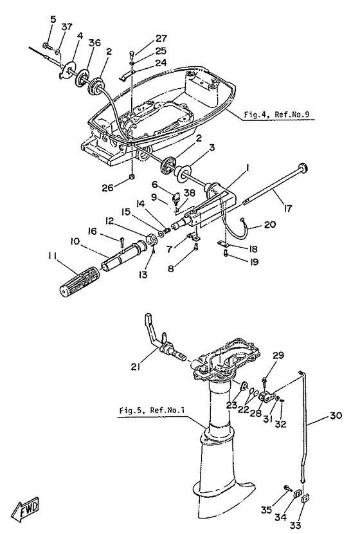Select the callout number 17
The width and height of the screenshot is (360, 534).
click(288, 208)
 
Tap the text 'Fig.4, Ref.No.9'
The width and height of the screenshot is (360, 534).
click(276, 115)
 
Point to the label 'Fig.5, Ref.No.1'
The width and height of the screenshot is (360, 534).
click(152, 410)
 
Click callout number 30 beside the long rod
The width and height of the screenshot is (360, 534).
click(335, 416)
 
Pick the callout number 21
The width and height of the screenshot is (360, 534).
click(136, 367)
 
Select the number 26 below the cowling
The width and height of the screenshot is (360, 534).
click(108, 187)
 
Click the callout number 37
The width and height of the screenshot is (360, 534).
click(67, 26)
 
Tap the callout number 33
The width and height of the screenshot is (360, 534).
click(296, 525)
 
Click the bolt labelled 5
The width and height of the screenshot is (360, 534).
click(48, 45)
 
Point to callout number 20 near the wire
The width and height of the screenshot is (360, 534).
click(269, 225)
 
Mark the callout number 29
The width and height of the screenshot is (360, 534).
click(278, 355)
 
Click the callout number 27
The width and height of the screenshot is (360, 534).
click(161, 38)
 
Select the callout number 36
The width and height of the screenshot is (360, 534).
click(94, 42)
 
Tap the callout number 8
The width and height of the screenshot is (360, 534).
click(170, 268)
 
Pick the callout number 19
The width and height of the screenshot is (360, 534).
click(252, 262)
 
